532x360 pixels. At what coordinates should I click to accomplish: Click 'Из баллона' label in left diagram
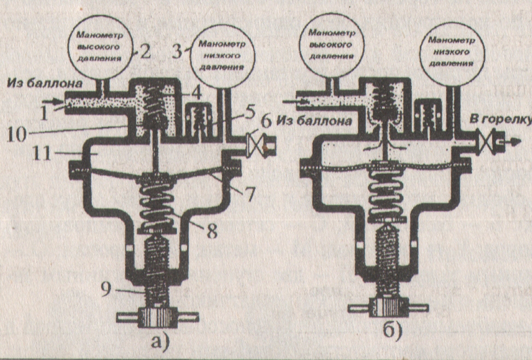pos(45,84)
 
